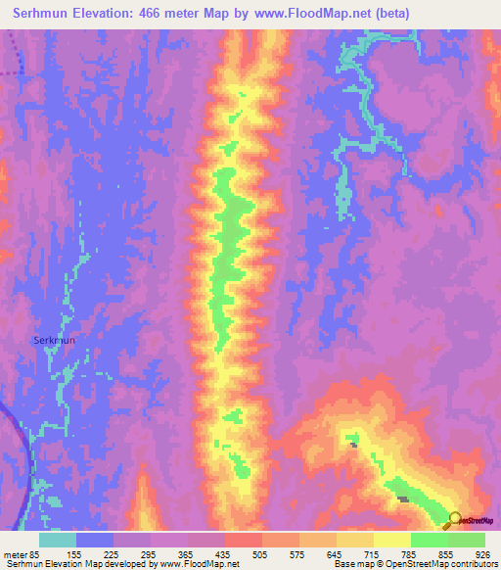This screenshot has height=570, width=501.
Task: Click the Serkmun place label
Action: [81, 340]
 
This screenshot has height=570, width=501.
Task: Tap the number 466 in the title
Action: [162, 14]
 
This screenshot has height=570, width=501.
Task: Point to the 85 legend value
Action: [32, 554]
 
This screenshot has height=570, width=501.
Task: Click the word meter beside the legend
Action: [15, 554]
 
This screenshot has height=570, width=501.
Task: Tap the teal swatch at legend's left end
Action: [58, 540]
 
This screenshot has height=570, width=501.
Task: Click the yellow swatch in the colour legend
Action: [392, 540]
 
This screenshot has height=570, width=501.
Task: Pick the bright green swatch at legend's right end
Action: [466, 540]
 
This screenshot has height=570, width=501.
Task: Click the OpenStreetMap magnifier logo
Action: [453, 519]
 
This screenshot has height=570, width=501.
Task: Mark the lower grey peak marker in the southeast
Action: [402, 499]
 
